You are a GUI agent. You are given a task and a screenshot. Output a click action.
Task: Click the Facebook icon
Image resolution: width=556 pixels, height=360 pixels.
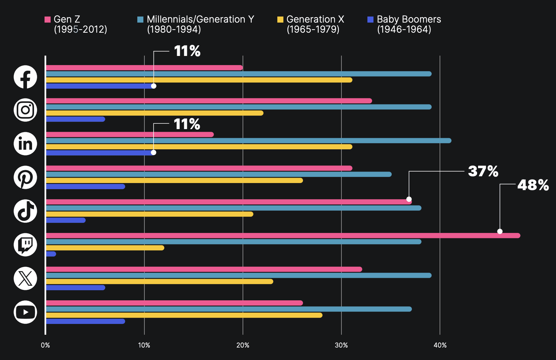tap(25, 77)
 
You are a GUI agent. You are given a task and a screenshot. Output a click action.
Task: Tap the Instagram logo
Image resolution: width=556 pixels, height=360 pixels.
tap(25, 110)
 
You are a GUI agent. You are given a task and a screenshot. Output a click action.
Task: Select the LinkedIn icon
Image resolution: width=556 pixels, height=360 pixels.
tap(25, 144)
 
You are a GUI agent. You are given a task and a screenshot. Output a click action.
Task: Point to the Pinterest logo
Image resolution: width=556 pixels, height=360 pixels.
tap(25, 177)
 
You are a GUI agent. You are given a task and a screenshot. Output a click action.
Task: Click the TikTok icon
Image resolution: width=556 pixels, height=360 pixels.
tap(25, 211)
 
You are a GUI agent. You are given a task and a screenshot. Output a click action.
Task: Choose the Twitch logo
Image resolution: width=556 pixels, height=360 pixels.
tap(25, 245)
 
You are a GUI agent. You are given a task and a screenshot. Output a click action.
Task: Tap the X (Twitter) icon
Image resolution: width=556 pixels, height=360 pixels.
tap(25, 278)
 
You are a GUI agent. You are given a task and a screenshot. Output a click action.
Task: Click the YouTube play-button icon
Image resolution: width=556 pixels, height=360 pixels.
tap(25, 312)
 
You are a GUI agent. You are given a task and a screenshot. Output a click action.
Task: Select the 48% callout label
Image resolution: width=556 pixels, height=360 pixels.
tap(533, 185)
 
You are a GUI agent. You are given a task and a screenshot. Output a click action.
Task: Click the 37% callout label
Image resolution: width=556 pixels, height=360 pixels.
tap(483, 171)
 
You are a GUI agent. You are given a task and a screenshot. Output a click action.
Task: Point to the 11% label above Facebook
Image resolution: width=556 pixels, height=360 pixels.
tap(187, 51)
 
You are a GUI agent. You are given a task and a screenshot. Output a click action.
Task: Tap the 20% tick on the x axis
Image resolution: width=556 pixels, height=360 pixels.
tap(243, 345)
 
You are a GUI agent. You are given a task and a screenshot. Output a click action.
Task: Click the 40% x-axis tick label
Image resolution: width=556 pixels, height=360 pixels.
tap(440, 345)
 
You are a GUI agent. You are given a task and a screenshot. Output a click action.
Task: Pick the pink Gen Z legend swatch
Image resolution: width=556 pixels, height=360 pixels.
tap(48, 20)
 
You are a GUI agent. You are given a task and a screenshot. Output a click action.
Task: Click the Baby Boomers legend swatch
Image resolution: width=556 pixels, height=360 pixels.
tap(370, 20)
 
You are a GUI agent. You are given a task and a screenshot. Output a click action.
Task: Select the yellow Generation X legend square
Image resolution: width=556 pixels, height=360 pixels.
tap(280, 20)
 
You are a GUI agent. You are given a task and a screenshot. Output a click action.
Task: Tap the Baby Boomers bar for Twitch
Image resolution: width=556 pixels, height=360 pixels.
tap(51, 254)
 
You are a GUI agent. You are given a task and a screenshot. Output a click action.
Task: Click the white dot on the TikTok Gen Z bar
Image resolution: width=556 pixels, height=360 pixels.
tap(409, 199)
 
